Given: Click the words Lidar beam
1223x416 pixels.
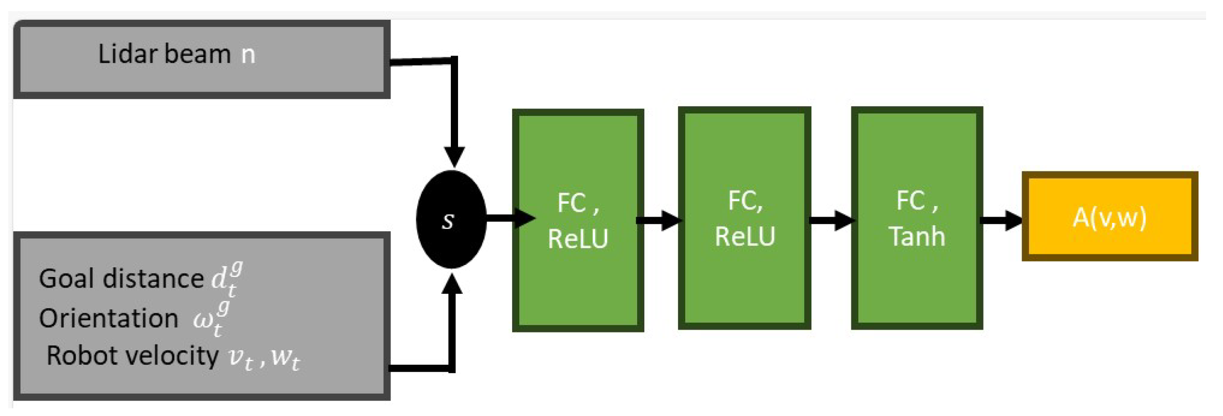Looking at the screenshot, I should [164, 54].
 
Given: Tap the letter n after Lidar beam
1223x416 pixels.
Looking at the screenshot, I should [248, 55].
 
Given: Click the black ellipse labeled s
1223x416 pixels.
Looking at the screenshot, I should [451, 220].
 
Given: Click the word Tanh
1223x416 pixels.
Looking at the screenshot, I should [917, 236].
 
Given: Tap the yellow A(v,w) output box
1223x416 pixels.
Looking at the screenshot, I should [1109, 217].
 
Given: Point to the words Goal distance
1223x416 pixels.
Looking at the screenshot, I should [121, 279].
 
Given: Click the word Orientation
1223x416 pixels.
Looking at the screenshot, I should [109, 319].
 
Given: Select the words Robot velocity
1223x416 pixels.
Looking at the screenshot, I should [132, 356].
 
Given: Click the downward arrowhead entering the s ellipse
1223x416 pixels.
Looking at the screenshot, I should [454, 157].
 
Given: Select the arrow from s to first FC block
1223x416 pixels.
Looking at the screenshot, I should [511, 218].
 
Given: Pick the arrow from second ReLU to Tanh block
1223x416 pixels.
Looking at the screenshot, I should [831, 221].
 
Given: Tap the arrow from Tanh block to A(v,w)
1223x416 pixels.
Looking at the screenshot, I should [1001, 221].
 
